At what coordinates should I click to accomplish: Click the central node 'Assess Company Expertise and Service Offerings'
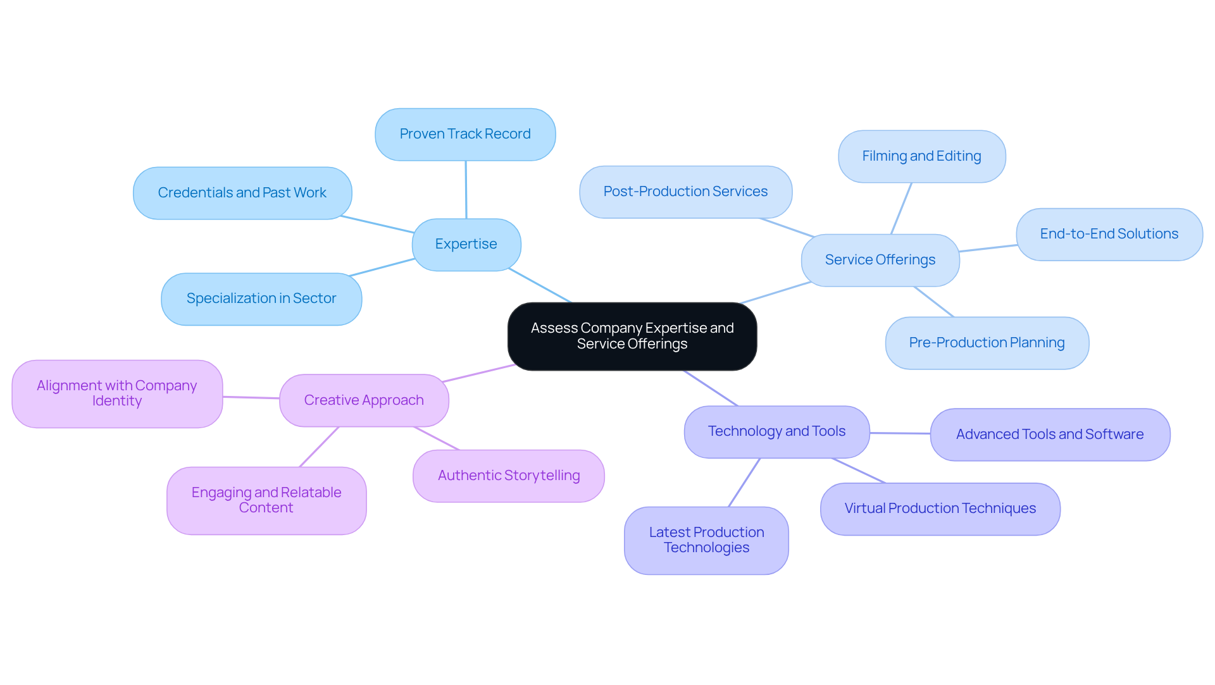click(632, 336)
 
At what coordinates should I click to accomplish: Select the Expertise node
click(466, 244)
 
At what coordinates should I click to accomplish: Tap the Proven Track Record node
click(465, 134)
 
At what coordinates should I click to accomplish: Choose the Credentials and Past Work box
click(242, 193)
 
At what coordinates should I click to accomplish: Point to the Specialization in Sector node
click(261, 299)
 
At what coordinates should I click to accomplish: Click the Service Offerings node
click(880, 260)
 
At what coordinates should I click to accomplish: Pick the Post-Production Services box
click(685, 192)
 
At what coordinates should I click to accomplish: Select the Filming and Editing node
click(921, 156)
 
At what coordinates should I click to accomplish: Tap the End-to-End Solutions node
click(1109, 234)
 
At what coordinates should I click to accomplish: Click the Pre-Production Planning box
click(987, 343)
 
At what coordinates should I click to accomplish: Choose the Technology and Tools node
click(776, 431)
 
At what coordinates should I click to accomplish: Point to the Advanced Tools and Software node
click(1050, 435)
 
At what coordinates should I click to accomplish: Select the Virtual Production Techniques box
click(940, 509)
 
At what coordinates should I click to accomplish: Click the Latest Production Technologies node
click(706, 540)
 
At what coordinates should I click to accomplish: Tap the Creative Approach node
click(364, 400)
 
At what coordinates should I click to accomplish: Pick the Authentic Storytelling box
click(509, 476)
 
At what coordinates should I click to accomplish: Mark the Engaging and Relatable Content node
click(266, 500)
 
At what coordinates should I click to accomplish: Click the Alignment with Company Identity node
click(117, 393)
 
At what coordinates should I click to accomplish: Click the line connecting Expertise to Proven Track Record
click(466, 190)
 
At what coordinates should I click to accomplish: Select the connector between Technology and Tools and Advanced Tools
click(900, 433)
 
